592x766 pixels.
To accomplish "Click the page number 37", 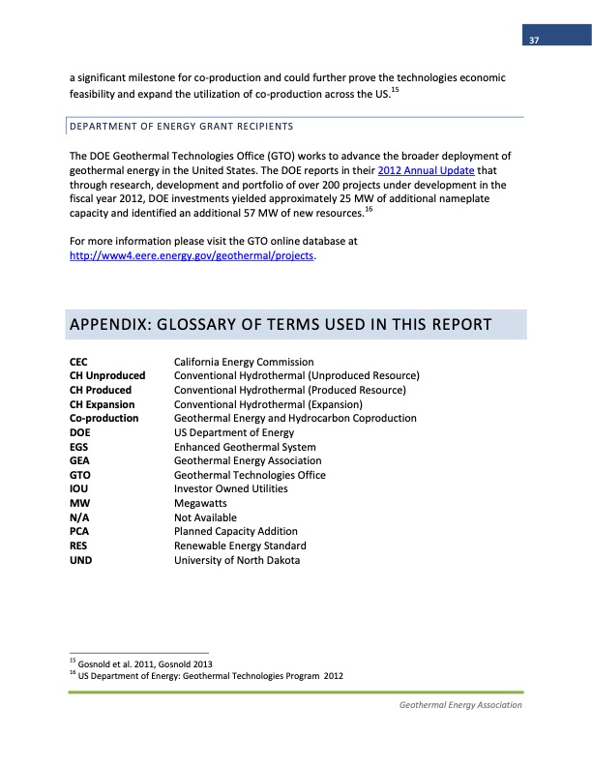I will point(533,40).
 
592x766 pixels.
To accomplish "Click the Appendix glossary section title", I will point(281,323).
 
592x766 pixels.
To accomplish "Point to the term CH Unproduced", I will point(107,375).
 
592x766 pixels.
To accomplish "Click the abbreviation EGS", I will point(79,447).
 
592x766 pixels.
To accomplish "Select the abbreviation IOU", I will point(79,489).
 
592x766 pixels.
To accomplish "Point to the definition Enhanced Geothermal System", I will point(244,447).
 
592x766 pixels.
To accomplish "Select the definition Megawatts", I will point(200,504).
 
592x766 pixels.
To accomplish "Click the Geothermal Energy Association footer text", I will point(460,705).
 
